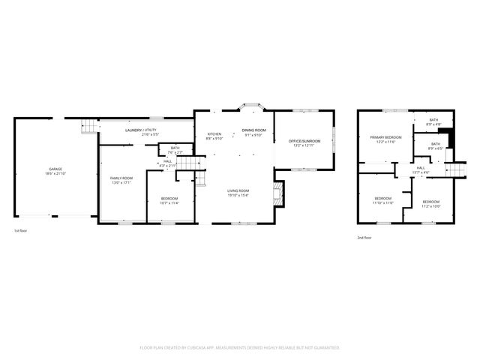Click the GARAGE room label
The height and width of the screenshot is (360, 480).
coord(56,169)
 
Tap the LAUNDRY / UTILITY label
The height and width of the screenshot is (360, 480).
coord(141,130)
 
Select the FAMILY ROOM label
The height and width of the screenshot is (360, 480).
coord(121,178)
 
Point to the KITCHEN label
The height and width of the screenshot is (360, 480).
coord(214,134)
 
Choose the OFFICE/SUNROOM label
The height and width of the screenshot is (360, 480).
coord(304,141)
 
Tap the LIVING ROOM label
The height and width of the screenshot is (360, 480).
coord(238,191)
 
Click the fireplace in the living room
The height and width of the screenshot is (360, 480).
coord(277,193)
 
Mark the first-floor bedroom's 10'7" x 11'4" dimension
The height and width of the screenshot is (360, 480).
coord(169,202)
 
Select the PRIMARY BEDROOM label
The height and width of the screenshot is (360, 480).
coord(385,137)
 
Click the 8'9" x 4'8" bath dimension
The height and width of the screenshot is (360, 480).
coord(433,124)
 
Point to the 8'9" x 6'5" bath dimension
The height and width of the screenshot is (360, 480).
coord(436,148)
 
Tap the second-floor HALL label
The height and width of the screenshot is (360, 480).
coord(421,168)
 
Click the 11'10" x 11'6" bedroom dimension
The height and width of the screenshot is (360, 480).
coord(383,202)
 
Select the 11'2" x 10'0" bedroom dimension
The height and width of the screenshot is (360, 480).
coord(430,206)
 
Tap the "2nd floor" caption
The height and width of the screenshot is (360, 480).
coord(364,238)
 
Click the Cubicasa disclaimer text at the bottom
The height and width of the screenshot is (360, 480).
coord(240,347)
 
